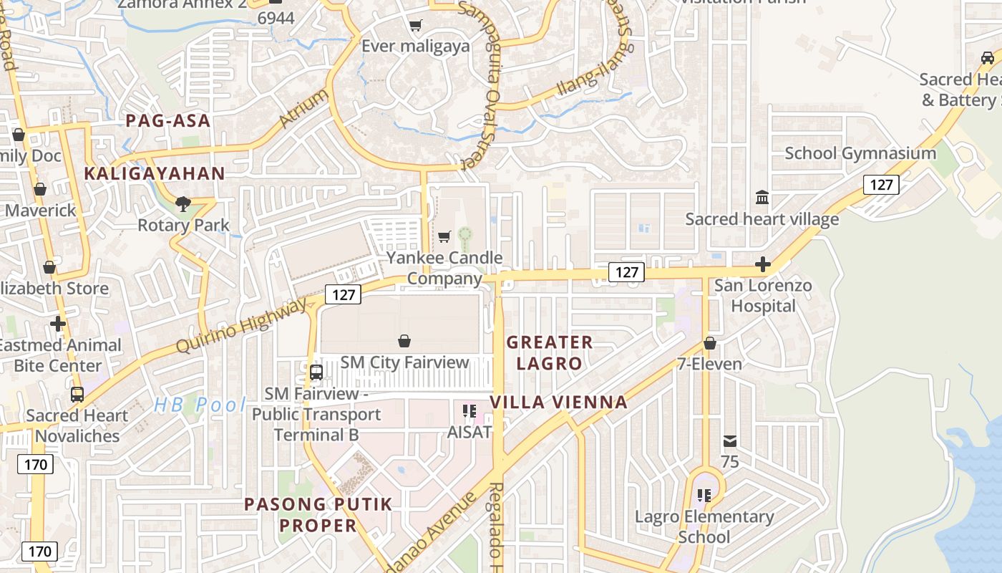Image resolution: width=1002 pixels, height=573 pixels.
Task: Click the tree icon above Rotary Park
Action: (x=183, y=204)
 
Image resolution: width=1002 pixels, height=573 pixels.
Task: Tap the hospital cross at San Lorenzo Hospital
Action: (x=763, y=264)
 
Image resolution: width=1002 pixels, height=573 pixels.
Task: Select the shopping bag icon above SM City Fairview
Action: (x=404, y=341)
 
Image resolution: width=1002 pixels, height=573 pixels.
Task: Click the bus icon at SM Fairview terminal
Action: (x=316, y=372)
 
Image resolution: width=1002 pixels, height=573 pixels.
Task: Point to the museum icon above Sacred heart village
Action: (x=762, y=197)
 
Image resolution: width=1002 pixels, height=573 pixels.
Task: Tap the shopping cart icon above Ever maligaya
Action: (x=415, y=26)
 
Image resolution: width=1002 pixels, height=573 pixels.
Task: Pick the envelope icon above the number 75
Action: (x=730, y=440)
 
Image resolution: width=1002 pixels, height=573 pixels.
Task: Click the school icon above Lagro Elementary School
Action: (x=704, y=495)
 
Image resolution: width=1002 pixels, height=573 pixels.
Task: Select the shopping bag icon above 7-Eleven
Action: (x=709, y=343)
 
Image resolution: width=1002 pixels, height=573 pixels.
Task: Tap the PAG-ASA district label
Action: (x=168, y=120)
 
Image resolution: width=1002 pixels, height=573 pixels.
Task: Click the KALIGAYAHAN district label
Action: (x=155, y=173)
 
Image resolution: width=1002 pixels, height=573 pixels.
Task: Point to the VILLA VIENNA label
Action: (x=559, y=403)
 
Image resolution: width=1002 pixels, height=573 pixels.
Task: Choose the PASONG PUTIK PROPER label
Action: (x=318, y=515)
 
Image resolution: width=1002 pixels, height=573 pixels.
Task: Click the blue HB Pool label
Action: (x=200, y=405)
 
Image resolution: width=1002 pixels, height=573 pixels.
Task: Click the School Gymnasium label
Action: (x=860, y=153)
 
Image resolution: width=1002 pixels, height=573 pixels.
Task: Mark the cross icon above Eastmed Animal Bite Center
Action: (x=58, y=324)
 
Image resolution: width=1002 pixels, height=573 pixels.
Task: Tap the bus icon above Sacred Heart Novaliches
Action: (x=77, y=395)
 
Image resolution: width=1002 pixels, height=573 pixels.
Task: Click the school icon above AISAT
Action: (x=470, y=411)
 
